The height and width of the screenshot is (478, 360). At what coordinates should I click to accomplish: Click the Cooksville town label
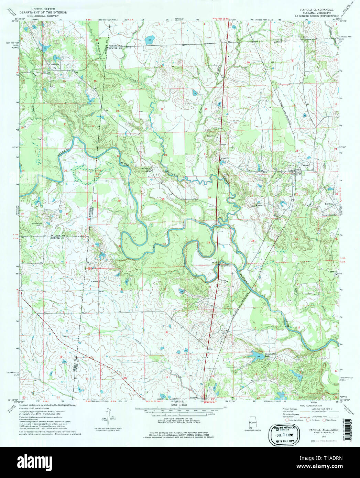click(x=54, y=64)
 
